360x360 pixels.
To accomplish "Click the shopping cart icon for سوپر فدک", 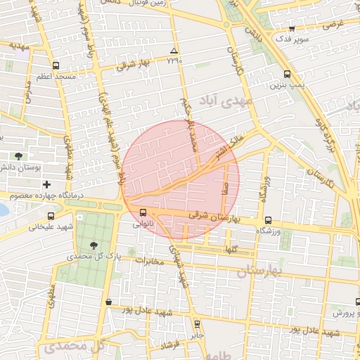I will [292, 29].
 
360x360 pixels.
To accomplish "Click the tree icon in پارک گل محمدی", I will [94, 245].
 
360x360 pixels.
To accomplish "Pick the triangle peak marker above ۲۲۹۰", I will [174, 51].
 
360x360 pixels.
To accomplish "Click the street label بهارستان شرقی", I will [216, 219].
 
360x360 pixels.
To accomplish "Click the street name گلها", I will [231, 250].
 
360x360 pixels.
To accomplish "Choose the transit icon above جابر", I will [198, 324].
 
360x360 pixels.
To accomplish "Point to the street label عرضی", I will [334, 23].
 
